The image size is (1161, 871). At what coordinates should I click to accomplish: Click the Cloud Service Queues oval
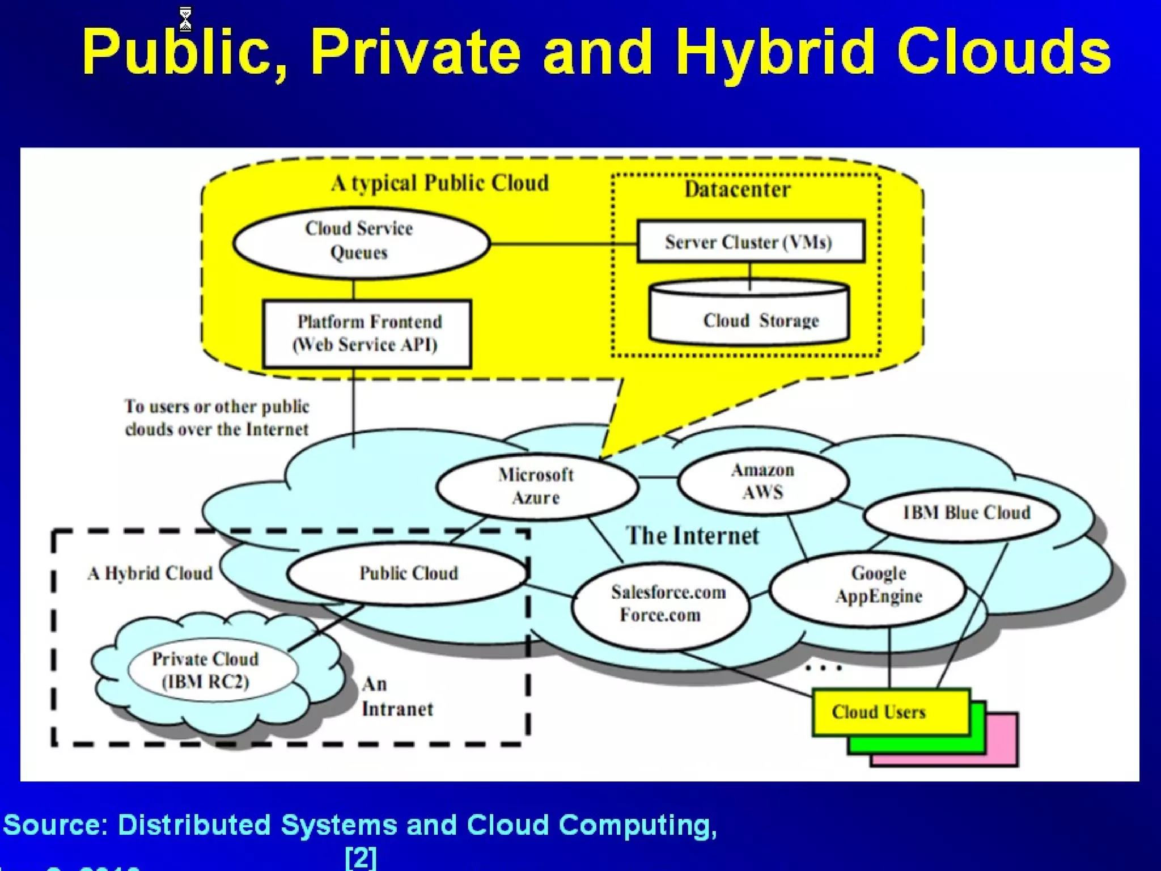pyautogui.click(x=361, y=242)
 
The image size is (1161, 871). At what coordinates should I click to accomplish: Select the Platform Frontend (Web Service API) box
pyautogui.click(x=367, y=333)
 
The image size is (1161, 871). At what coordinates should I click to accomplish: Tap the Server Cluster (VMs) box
pyautogui.click(x=751, y=242)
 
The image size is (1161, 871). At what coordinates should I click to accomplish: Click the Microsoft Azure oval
pyautogui.click(x=536, y=487)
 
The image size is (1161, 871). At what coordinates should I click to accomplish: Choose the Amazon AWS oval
pyautogui.click(x=763, y=481)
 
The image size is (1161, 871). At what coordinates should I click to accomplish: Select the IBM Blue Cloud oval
pyautogui.click(x=961, y=514)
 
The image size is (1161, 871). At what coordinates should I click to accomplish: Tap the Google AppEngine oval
pyautogui.click(x=867, y=587)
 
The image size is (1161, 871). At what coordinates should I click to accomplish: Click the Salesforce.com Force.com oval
pyautogui.click(x=661, y=604)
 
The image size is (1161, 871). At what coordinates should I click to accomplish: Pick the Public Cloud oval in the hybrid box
pyautogui.click(x=408, y=573)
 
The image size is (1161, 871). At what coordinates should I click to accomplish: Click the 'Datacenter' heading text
pyautogui.click(x=737, y=189)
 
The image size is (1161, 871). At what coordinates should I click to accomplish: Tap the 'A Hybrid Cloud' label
pyautogui.click(x=150, y=573)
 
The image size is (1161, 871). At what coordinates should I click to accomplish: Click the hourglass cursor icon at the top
pyautogui.click(x=185, y=19)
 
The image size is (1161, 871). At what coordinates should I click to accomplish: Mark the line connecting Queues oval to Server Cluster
pyautogui.click(x=563, y=244)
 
